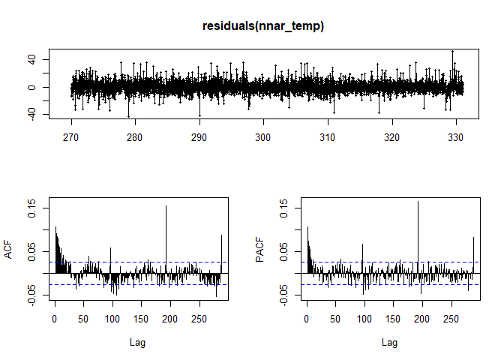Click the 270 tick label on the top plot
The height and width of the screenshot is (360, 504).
[71, 138]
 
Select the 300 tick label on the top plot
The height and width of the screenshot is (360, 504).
[263, 138]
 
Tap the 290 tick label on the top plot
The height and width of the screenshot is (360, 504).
[199, 138]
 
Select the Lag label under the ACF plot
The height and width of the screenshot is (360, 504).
[137, 343]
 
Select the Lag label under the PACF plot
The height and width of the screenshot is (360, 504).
[389, 343]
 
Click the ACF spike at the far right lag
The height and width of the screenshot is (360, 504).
[221, 236]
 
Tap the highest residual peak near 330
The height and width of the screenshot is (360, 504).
[452, 52]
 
